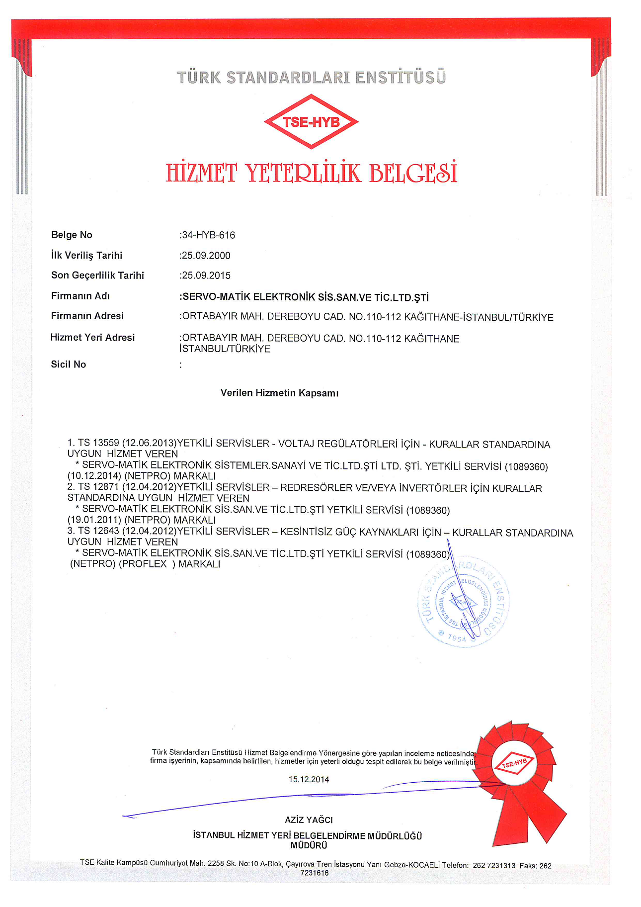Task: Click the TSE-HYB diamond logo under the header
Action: (x=311, y=122)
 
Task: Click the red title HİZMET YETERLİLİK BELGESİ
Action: (x=311, y=173)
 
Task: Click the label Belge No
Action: (x=72, y=235)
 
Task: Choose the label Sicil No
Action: (x=69, y=364)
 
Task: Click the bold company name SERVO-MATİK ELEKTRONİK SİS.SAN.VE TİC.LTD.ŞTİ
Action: (x=305, y=297)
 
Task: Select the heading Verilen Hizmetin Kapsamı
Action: (x=279, y=393)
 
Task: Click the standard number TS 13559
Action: (x=98, y=443)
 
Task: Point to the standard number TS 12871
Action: (x=98, y=487)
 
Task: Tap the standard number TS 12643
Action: (x=98, y=531)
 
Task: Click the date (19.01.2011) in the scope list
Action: (x=94, y=520)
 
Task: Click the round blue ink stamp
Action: (x=463, y=602)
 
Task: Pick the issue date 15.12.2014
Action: (x=309, y=779)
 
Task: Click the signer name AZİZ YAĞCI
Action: (x=309, y=819)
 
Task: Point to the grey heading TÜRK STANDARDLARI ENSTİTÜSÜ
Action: (x=312, y=78)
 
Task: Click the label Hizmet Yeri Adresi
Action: (x=92, y=338)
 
